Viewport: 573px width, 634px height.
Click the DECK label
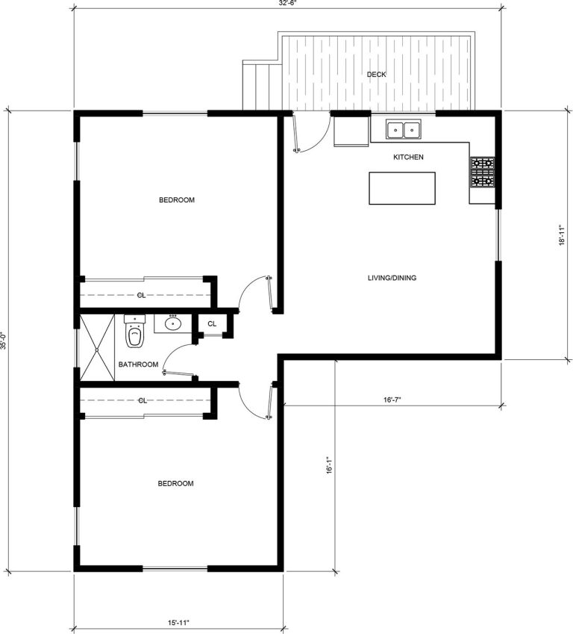[376, 74]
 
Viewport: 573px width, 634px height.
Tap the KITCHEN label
[408, 158]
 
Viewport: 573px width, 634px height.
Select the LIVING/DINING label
[392, 279]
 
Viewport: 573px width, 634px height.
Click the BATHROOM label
[138, 364]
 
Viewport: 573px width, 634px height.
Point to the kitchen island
[402, 188]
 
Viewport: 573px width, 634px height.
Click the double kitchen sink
[404, 130]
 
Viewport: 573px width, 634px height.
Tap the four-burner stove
[481, 172]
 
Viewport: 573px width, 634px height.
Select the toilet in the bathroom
[134, 334]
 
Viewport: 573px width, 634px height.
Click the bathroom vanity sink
[173, 323]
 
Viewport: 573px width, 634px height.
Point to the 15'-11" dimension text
[178, 622]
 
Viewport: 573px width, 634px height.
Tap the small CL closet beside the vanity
[213, 323]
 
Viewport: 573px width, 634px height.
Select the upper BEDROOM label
[177, 199]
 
